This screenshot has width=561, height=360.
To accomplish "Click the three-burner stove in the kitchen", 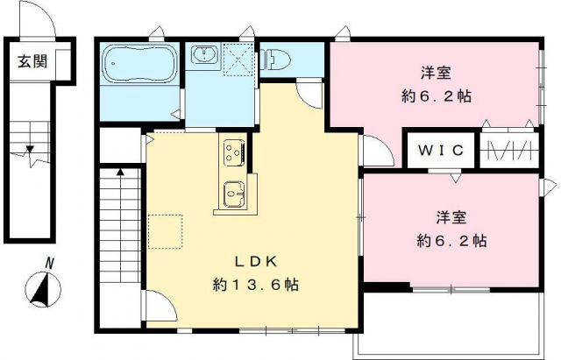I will click(x=234, y=152).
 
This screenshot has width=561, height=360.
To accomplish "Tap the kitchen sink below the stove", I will click(x=234, y=191).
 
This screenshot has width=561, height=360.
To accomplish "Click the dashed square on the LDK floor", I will click(x=164, y=230).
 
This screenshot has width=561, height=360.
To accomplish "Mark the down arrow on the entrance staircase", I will click(x=31, y=153).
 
